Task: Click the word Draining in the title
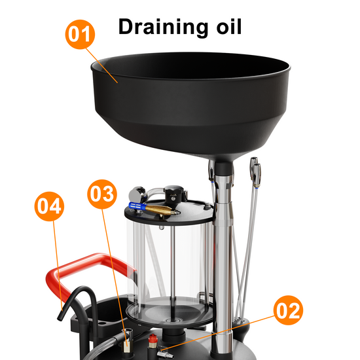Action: [161, 27]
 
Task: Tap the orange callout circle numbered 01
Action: [80, 34]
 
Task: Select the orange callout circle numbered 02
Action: [288, 310]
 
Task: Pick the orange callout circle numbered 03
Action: [102, 194]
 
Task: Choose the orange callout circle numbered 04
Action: [49, 206]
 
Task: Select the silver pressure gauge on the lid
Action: [137, 194]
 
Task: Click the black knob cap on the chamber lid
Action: [174, 192]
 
